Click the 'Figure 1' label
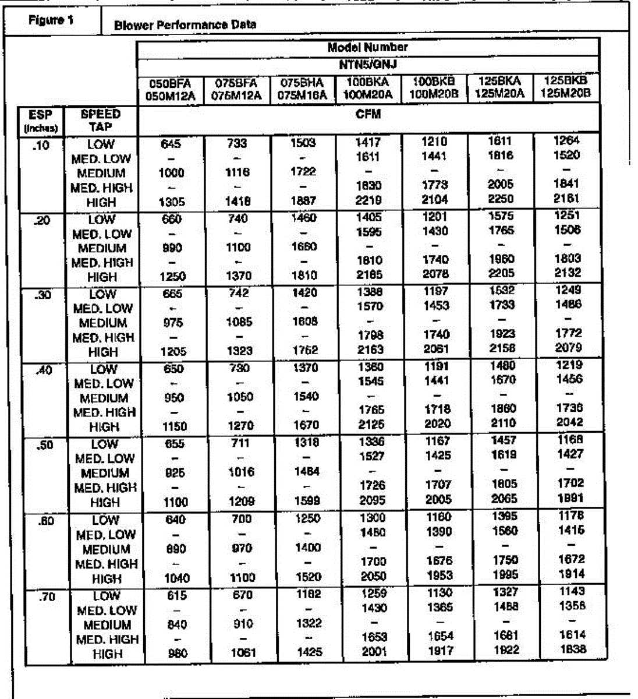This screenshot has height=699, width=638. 51,20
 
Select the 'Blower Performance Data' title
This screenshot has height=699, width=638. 185,25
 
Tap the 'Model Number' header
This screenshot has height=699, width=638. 367,47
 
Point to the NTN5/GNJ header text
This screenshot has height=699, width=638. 368,63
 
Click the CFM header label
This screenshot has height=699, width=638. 368,114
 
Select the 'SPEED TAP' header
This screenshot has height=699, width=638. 101,120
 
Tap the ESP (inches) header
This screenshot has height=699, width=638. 41,121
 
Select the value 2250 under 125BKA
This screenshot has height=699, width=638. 501,199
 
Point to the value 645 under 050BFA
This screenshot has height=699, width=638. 171,143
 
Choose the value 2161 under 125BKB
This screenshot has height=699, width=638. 567,199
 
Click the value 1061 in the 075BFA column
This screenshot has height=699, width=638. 242,653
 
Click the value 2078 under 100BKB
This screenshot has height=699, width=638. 435,274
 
